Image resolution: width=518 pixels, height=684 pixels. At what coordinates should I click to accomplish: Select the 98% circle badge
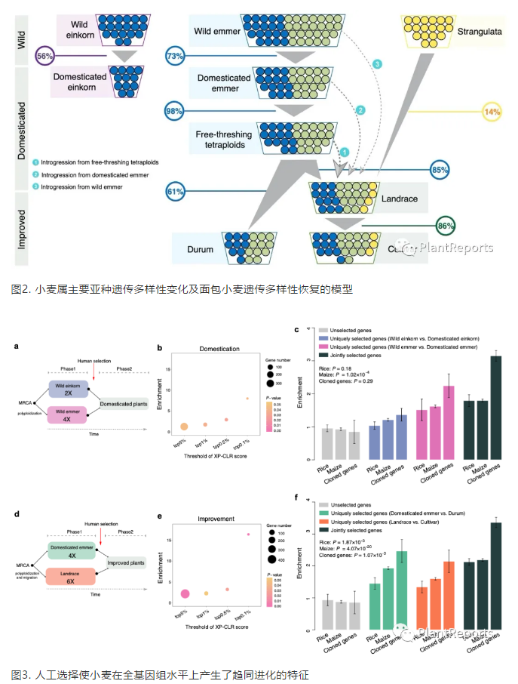(x=175, y=112)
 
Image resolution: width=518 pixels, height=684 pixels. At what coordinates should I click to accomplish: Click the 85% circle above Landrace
(x=440, y=171)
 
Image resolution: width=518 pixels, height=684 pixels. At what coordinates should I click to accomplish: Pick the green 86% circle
(x=446, y=225)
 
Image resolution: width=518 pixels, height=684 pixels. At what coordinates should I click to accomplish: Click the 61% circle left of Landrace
(x=176, y=193)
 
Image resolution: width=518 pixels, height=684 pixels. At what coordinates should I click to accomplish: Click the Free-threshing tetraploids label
(x=223, y=139)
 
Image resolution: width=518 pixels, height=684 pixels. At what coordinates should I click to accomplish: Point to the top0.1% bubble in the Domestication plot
(x=247, y=399)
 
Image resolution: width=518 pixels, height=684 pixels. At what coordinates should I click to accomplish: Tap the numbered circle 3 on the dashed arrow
(x=379, y=65)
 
